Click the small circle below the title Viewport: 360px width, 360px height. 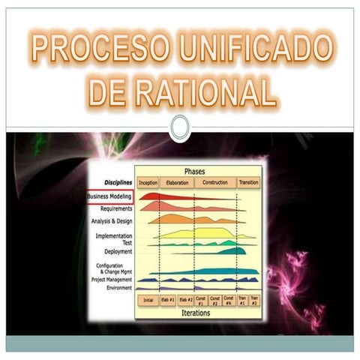coord(179,127)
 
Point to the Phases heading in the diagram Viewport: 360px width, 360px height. coord(199,171)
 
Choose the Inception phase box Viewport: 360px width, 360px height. coord(148,182)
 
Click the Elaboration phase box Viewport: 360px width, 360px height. coord(176,182)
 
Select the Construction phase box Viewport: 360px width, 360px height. coord(215,182)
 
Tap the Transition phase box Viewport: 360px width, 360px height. coord(248,182)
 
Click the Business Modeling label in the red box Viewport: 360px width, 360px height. coord(109,196)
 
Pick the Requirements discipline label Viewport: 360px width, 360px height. coord(116,208)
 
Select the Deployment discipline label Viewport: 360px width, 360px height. coord(118,251)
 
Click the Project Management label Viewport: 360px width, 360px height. coord(112,279)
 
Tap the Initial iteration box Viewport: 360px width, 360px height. coord(148,300)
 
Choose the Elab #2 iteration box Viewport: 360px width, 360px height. coord(186,300)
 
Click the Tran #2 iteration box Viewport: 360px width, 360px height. coord(254,300)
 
